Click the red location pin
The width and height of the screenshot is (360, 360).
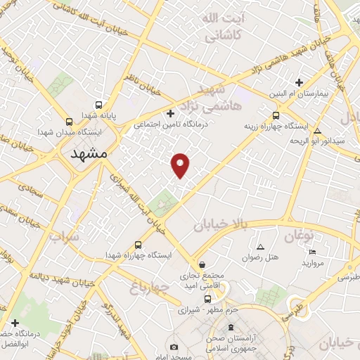(181, 164)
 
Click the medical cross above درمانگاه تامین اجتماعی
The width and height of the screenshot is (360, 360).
(169, 113)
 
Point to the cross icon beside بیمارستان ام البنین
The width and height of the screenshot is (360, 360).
(300, 82)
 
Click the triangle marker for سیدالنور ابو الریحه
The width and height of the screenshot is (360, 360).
(318, 131)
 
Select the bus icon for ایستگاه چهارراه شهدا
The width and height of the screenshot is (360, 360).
(138, 245)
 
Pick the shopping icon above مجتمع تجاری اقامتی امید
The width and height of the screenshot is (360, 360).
(202, 265)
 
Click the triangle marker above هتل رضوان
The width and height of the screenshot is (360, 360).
(261, 247)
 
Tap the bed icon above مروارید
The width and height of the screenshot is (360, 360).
(313, 252)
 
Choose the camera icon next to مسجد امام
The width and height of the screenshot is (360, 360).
(174, 347)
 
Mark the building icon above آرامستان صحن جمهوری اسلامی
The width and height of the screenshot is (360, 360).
(233, 328)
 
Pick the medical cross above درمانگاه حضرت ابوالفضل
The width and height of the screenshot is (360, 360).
(15, 323)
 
